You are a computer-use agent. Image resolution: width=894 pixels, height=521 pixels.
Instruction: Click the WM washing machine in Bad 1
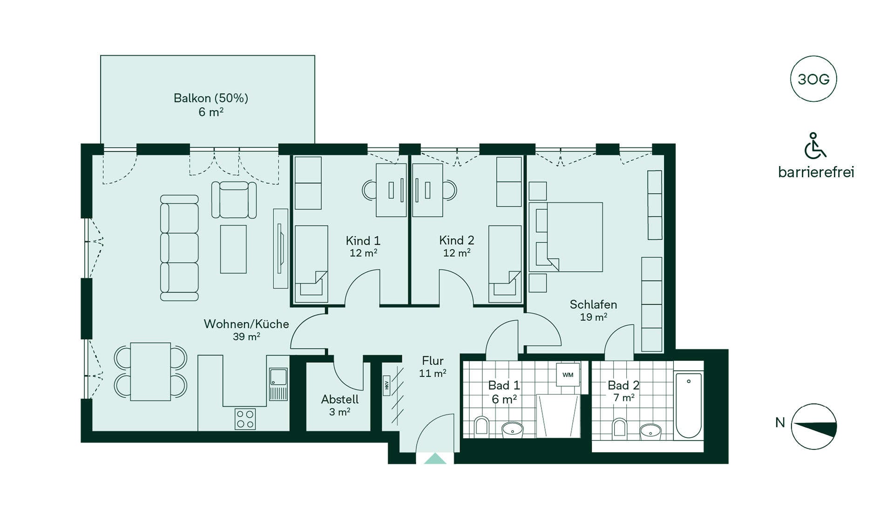click(x=568, y=374)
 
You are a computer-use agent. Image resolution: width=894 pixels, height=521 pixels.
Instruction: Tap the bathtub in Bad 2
click(x=689, y=405)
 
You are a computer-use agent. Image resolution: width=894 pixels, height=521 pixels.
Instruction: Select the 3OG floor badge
click(x=813, y=79)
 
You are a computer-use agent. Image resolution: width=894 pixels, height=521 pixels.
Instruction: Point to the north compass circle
click(x=814, y=427)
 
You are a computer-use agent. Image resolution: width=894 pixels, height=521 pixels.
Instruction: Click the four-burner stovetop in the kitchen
click(x=245, y=419)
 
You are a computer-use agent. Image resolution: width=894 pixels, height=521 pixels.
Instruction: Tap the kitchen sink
click(x=278, y=384)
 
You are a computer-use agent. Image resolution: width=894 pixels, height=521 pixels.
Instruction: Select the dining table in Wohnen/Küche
click(x=150, y=372)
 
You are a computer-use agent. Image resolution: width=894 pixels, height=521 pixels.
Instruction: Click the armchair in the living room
click(x=234, y=200)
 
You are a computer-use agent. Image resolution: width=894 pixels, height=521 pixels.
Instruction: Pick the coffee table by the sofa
click(x=233, y=249)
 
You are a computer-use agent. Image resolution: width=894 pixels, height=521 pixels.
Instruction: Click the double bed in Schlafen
click(x=566, y=237)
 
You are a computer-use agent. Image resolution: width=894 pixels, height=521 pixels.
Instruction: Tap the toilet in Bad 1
click(x=481, y=427)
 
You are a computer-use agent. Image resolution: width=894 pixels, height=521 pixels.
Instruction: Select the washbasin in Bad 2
click(x=650, y=431)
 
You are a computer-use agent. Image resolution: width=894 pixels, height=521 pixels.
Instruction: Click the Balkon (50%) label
click(x=211, y=98)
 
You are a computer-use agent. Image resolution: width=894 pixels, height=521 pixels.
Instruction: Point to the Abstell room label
click(x=340, y=400)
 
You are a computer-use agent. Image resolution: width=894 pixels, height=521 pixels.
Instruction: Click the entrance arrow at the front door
click(x=435, y=459)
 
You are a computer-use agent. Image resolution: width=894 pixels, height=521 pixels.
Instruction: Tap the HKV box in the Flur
click(x=386, y=386)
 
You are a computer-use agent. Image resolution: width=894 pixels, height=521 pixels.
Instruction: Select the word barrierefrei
click(x=816, y=173)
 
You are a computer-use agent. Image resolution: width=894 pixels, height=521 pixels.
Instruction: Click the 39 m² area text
click(x=246, y=336)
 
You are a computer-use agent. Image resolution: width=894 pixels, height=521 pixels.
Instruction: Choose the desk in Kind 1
click(x=391, y=190)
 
